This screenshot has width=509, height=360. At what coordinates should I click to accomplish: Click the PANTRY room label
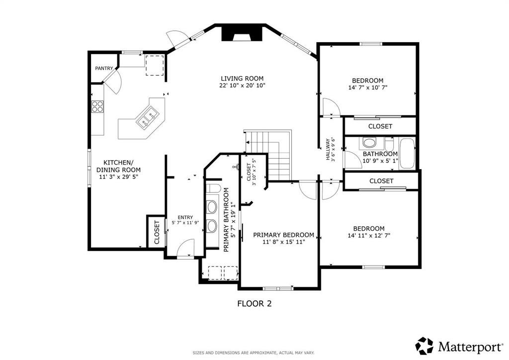pyautogui.click(x=104, y=68)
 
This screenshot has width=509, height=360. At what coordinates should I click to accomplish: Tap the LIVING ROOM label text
pyautogui.click(x=242, y=78)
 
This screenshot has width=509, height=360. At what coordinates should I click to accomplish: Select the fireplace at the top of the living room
pyautogui.click(x=242, y=33)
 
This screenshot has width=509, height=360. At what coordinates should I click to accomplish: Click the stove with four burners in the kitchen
pyautogui.click(x=97, y=106)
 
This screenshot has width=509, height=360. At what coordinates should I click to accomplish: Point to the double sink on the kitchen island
pyautogui.click(x=147, y=118)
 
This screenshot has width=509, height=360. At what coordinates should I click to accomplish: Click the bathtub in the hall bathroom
pyautogui.click(x=407, y=153)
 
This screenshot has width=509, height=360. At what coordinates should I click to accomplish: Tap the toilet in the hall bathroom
pyautogui.click(x=369, y=143)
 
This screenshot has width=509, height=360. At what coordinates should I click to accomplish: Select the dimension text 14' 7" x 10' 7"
pyautogui.click(x=368, y=88)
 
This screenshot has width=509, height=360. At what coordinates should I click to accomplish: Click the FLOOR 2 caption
pyautogui.click(x=254, y=303)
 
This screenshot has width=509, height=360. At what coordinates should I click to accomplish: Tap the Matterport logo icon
pyautogui.click(x=424, y=346)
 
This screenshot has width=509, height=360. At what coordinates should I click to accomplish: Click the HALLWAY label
pyautogui.click(x=328, y=149)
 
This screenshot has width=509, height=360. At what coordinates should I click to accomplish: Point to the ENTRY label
pyautogui.click(x=185, y=217)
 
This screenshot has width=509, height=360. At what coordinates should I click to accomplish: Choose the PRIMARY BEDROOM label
pyautogui.click(x=283, y=235)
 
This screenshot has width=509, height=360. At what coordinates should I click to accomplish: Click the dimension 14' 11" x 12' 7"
pyautogui.click(x=369, y=236)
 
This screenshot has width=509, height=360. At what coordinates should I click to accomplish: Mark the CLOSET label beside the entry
pyautogui.click(x=157, y=232)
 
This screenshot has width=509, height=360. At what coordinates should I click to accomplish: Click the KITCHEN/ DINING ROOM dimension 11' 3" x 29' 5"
pyautogui.click(x=118, y=177)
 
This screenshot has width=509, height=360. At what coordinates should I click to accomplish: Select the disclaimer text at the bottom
pyautogui.click(x=254, y=353)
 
